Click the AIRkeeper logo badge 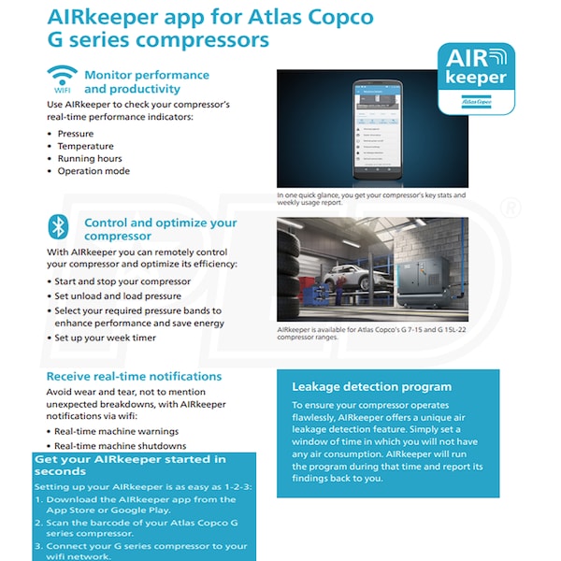pos(476,78)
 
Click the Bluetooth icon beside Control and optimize pos(61,226)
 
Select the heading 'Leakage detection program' pos(372,386)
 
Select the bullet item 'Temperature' pos(85,147)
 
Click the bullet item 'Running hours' pos(90,159)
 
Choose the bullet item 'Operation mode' pos(93,171)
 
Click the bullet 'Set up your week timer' pos(105,338)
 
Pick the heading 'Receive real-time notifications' pos(134,376)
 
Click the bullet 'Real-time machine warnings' pos(118,431)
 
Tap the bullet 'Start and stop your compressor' pos(122,281)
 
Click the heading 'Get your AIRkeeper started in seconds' pos(131,465)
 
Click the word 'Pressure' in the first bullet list pos(76,134)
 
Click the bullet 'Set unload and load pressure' pos(118,295)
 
